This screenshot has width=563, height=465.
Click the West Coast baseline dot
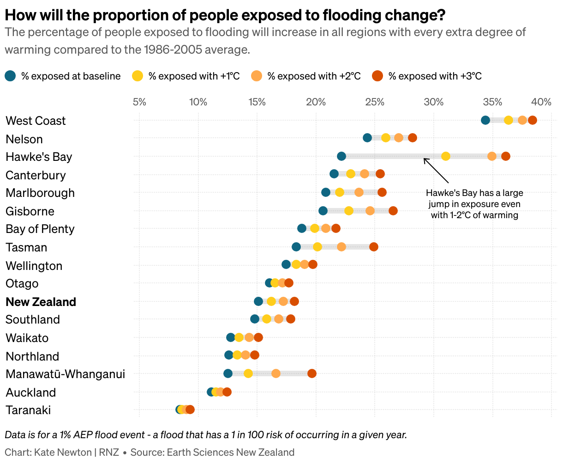[485, 120]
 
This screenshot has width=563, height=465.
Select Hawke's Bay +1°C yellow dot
[446, 156]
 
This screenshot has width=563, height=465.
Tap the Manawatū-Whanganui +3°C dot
[312, 373]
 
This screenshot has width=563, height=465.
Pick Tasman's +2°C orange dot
[341, 247]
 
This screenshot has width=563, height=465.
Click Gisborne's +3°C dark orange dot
[393, 211]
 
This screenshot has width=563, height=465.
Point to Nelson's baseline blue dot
[367, 138]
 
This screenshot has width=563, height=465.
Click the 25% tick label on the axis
[375, 102]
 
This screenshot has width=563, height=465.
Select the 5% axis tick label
[139, 102]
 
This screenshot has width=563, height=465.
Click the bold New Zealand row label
[41, 302]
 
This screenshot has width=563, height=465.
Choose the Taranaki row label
[28, 410]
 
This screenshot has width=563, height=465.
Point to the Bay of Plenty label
[40, 229]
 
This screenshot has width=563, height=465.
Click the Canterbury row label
[36, 175]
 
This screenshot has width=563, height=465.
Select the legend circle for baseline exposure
[11, 76]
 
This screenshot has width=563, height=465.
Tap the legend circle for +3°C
[377, 76]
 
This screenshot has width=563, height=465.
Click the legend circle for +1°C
[138, 76]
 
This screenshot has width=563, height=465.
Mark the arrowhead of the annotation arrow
[425, 159]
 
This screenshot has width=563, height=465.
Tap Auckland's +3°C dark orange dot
[227, 392]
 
